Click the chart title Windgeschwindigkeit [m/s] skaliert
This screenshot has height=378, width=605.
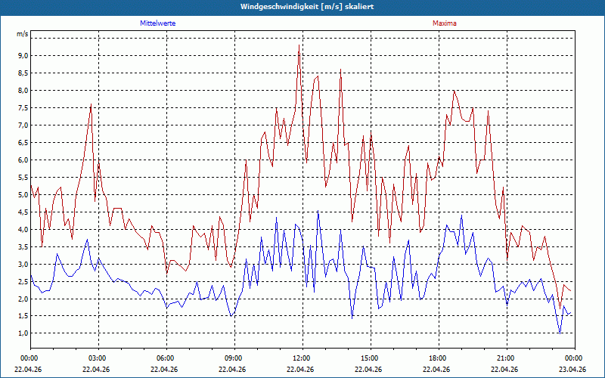307,7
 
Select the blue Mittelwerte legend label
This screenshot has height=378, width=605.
158,23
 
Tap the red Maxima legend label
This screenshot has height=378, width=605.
445,23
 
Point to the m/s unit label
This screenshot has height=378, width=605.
23,34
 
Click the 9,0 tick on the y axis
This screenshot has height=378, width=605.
23,55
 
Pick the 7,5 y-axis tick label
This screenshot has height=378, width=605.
23,107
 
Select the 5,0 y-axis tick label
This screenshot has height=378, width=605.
23,194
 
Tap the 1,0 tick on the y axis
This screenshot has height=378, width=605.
23,333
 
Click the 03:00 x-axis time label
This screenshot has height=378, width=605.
99,358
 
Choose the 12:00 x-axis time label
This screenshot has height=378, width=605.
303,358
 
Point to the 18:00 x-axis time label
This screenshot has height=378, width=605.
439,358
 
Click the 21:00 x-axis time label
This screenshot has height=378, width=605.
507,358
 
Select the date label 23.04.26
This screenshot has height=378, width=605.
575,369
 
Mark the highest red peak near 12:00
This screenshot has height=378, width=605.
299,45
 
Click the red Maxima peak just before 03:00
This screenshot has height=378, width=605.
91,104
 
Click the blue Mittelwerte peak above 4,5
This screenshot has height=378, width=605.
318,211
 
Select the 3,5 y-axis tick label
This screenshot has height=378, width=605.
23,246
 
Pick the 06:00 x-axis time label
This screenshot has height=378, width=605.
166,358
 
